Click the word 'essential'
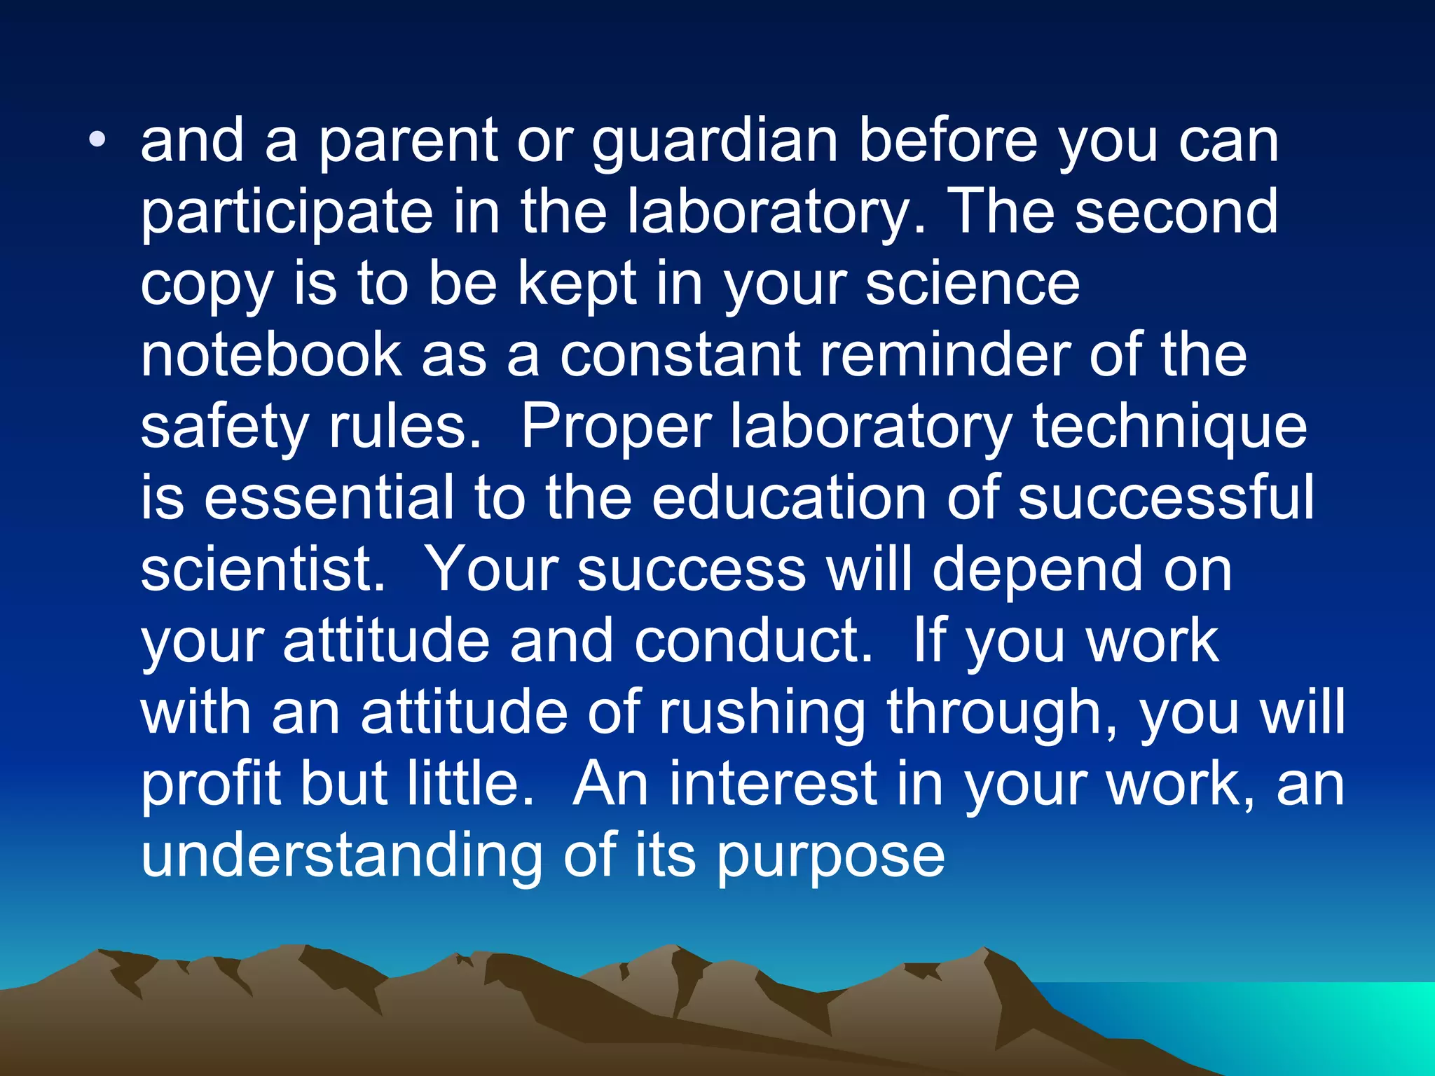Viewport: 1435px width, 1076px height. (x=329, y=498)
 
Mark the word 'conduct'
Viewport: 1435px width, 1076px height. (x=753, y=642)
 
